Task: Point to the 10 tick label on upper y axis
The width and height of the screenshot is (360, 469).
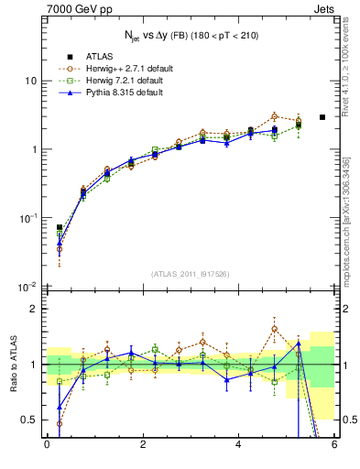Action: tap(30, 81)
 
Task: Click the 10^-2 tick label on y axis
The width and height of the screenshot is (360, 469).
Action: tap(27, 287)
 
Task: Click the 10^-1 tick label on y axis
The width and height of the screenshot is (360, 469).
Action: tap(27, 218)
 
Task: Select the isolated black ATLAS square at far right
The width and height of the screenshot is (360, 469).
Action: tap(322, 117)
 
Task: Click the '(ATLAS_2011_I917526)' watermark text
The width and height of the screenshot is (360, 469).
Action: tap(190, 273)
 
